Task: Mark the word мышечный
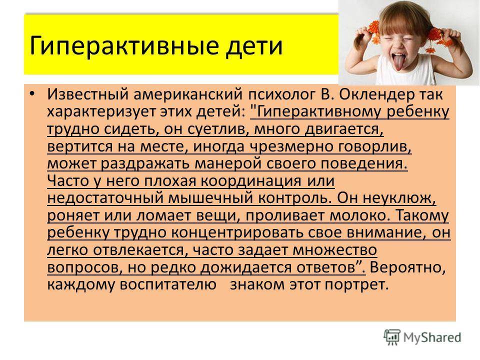[x=211, y=198]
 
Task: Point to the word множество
[x=334, y=250]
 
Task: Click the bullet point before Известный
[x=32, y=93]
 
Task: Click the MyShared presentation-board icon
[x=392, y=337]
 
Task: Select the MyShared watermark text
[x=432, y=337]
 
